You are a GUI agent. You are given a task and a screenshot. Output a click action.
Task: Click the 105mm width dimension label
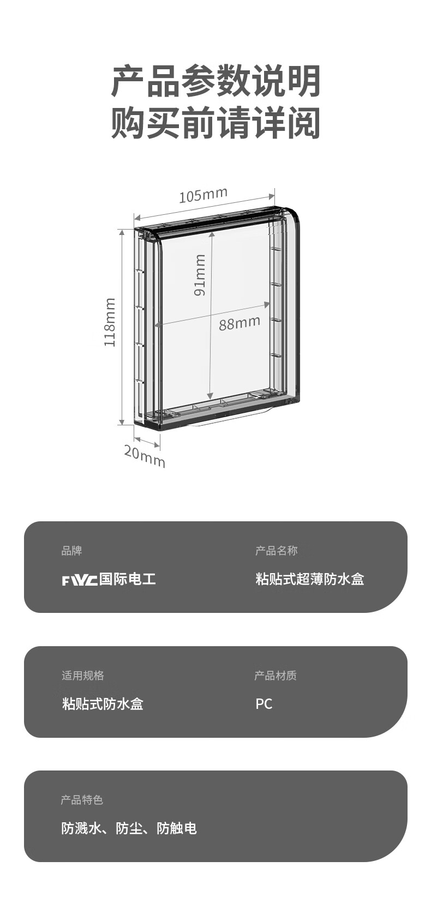pos(203,195)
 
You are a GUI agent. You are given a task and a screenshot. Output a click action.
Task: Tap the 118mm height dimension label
pos(110,322)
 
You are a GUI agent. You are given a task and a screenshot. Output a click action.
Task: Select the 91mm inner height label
pos(200,275)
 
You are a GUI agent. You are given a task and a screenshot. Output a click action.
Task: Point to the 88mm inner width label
pos(240,323)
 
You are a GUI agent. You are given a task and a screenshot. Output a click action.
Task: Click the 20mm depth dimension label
pos(144,456)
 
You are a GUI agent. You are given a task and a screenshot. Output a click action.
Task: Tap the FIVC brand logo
pos(79,580)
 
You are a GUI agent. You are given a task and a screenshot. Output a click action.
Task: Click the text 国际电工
pos(128,579)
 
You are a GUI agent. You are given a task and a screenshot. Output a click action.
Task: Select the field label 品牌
pos(71,551)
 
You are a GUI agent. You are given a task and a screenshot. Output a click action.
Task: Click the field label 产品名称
pos(276,551)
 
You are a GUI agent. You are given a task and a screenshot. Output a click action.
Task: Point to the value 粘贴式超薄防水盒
pos(309,579)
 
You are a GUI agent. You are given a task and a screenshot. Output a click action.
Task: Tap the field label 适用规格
pos(82,676)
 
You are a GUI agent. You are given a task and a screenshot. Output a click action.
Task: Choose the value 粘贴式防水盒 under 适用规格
pos(103,704)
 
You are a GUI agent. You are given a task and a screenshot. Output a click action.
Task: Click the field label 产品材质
pos(276,676)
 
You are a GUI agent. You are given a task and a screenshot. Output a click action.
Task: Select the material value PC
pos(264,704)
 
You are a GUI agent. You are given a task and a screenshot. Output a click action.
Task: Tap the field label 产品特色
pos(82,800)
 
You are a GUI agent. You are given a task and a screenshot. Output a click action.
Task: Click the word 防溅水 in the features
pos(81,829)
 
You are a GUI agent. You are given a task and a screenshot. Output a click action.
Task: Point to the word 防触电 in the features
pos(177,829)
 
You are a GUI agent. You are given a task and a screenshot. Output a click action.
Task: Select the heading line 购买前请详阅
pos(215,123)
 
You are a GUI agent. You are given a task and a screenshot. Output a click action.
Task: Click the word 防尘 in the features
pos(129,829)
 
